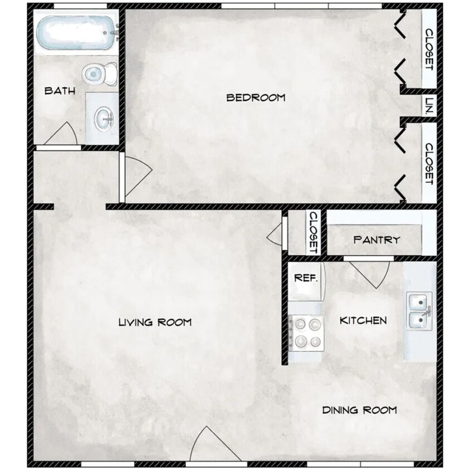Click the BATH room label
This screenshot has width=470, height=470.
60,91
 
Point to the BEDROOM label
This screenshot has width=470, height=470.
256,98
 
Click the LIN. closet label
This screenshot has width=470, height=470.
429,106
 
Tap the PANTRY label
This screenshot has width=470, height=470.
376,240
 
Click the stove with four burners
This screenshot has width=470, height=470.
307,332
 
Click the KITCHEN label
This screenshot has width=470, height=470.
363,321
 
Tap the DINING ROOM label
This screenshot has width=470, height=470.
360,410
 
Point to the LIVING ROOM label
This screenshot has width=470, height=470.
155,322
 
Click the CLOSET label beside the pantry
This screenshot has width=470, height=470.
313,232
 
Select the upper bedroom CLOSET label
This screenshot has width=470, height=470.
429,49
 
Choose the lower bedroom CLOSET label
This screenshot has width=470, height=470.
429,164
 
